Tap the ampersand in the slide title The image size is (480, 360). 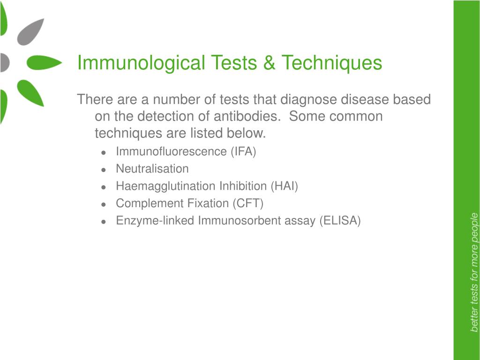(269, 63)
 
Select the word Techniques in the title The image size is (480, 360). (331, 63)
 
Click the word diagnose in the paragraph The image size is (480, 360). (309, 100)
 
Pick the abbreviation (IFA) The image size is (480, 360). (243, 151)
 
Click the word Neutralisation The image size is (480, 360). (152, 169)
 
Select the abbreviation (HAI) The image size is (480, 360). (284, 186)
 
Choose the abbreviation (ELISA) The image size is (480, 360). (340, 221)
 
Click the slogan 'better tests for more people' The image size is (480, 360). (474, 272)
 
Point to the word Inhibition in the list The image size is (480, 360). (243, 186)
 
